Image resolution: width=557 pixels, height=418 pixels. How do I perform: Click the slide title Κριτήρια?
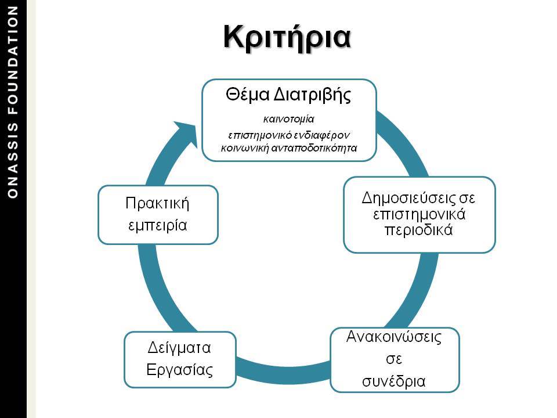click(x=287, y=38)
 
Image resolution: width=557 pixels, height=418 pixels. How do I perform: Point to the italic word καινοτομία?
click(x=288, y=119)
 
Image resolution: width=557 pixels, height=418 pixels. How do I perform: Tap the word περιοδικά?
click(x=419, y=230)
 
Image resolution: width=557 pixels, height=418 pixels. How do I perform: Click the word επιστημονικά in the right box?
click(x=419, y=214)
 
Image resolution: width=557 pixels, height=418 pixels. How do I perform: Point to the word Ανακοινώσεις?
click(x=394, y=337)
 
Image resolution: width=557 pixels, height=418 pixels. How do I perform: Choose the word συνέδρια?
click(x=393, y=381)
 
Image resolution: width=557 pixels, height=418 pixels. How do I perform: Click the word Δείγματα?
click(x=179, y=348)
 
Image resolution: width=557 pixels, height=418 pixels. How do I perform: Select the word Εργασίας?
click(x=180, y=370)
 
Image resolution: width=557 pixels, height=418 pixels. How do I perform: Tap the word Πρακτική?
click(x=157, y=203)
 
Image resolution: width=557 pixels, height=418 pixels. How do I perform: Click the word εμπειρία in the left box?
click(x=157, y=225)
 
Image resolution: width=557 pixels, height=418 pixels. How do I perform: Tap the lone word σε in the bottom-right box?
click(x=394, y=359)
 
